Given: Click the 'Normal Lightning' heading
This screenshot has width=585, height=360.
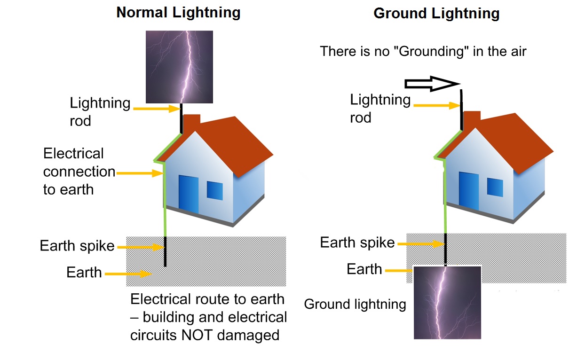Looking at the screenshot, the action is tap(178, 13).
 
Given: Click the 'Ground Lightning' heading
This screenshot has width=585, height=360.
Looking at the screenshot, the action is tap(436, 14).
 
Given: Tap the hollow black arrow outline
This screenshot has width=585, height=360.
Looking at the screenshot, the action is tap(432, 84).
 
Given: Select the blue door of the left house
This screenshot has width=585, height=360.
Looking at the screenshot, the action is tap(188, 194).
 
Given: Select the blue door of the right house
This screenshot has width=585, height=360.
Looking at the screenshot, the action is tap(469, 191).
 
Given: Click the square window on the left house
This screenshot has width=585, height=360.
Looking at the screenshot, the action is tap(215, 190).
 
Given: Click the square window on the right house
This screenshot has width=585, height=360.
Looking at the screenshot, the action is tap(495, 187).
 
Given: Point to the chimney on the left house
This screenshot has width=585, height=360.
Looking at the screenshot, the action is tap(191, 122).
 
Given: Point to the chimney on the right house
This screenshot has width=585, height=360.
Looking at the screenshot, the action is tap(472, 119).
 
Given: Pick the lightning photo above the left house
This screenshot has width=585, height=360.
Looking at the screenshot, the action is tap(180, 67).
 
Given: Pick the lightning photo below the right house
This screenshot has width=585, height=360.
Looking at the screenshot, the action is tap(447, 303).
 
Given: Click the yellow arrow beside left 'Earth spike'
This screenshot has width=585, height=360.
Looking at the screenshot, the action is tap(141, 247).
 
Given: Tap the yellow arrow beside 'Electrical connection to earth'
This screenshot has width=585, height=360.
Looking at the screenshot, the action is tap(140, 173).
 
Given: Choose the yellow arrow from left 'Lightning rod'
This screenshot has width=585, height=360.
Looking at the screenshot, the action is tap(157, 109).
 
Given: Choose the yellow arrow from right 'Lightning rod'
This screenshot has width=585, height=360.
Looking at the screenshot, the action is tap(437, 105).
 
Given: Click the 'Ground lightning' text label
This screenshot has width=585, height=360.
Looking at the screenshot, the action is tap(355, 305).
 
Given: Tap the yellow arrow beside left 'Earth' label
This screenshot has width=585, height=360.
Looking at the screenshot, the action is tap(128, 274).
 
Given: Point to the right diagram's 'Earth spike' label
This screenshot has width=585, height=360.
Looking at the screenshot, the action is tap(357, 243).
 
